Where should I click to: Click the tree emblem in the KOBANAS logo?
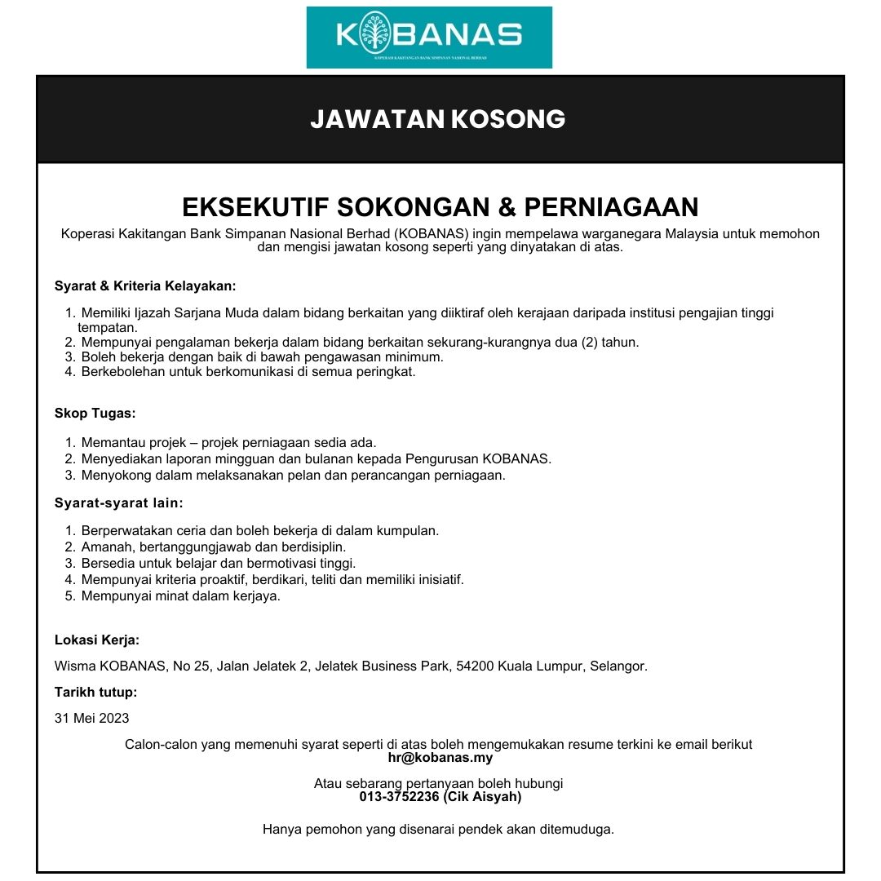374,33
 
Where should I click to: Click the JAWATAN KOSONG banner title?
438,119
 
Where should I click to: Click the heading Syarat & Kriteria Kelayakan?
145,286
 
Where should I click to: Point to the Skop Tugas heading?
95,414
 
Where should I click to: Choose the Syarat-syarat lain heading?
119,502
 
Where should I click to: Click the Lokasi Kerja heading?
97,640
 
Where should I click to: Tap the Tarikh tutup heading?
95,693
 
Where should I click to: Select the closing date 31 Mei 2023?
91,719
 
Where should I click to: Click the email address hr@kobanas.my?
440,758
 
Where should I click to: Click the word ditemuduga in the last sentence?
581,830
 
